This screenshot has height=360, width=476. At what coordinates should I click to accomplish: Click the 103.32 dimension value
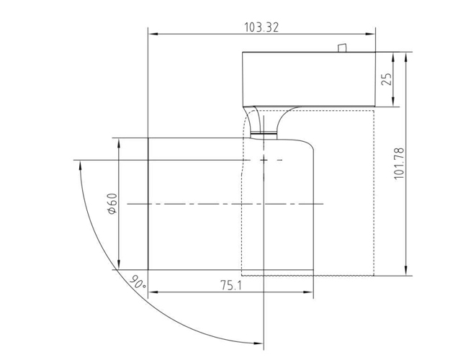point(261,27)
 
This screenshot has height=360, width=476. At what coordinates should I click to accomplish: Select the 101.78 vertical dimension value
point(399,165)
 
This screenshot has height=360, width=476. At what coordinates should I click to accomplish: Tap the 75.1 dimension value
point(231,286)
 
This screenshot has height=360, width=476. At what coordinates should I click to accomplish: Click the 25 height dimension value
point(386,79)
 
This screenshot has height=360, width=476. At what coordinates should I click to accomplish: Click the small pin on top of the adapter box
point(343,48)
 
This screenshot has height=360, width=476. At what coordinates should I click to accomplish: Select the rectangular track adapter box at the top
point(310,79)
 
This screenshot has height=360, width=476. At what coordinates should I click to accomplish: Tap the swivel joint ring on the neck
point(265,133)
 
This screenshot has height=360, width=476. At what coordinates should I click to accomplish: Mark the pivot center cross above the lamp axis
point(265,158)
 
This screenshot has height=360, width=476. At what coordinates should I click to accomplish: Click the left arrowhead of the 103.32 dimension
point(152,32)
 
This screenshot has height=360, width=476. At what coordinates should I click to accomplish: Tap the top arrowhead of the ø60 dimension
point(120,143)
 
